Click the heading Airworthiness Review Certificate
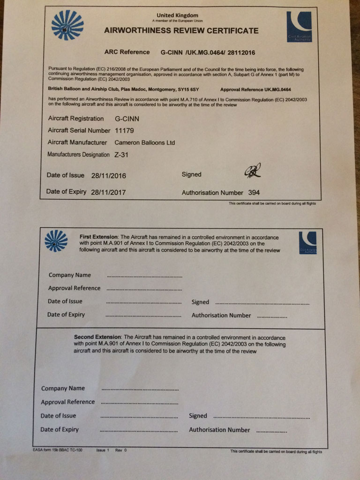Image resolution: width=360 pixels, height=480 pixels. click(x=181, y=31)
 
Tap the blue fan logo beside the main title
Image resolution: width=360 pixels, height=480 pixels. click(x=67, y=25)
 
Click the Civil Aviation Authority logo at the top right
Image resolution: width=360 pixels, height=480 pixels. click(x=299, y=27)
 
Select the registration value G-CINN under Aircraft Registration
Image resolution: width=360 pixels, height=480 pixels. click(x=127, y=119)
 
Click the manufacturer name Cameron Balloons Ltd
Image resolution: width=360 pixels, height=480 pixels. click(x=145, y=142)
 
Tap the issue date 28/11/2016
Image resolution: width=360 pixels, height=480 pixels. click(x=109, y=176)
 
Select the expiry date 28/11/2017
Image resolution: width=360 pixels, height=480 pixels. click(x=108, y=192)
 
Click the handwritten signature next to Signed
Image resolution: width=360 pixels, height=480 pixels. click(x=252, y=172)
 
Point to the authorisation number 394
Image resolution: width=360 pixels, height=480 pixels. click(x=255, y=192)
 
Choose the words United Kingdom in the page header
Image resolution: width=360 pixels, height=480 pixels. click(x=177, y=15)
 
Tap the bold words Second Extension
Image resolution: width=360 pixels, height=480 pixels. click(x=97, y=337)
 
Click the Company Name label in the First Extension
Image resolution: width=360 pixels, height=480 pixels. click(x=70, y=275)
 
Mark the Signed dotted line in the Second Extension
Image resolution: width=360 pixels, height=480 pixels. click(x=261, y=417)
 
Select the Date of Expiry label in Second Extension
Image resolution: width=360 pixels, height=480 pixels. click(x=60, y=429)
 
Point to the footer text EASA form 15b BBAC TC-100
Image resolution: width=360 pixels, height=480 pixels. click(x=58, y=450)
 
